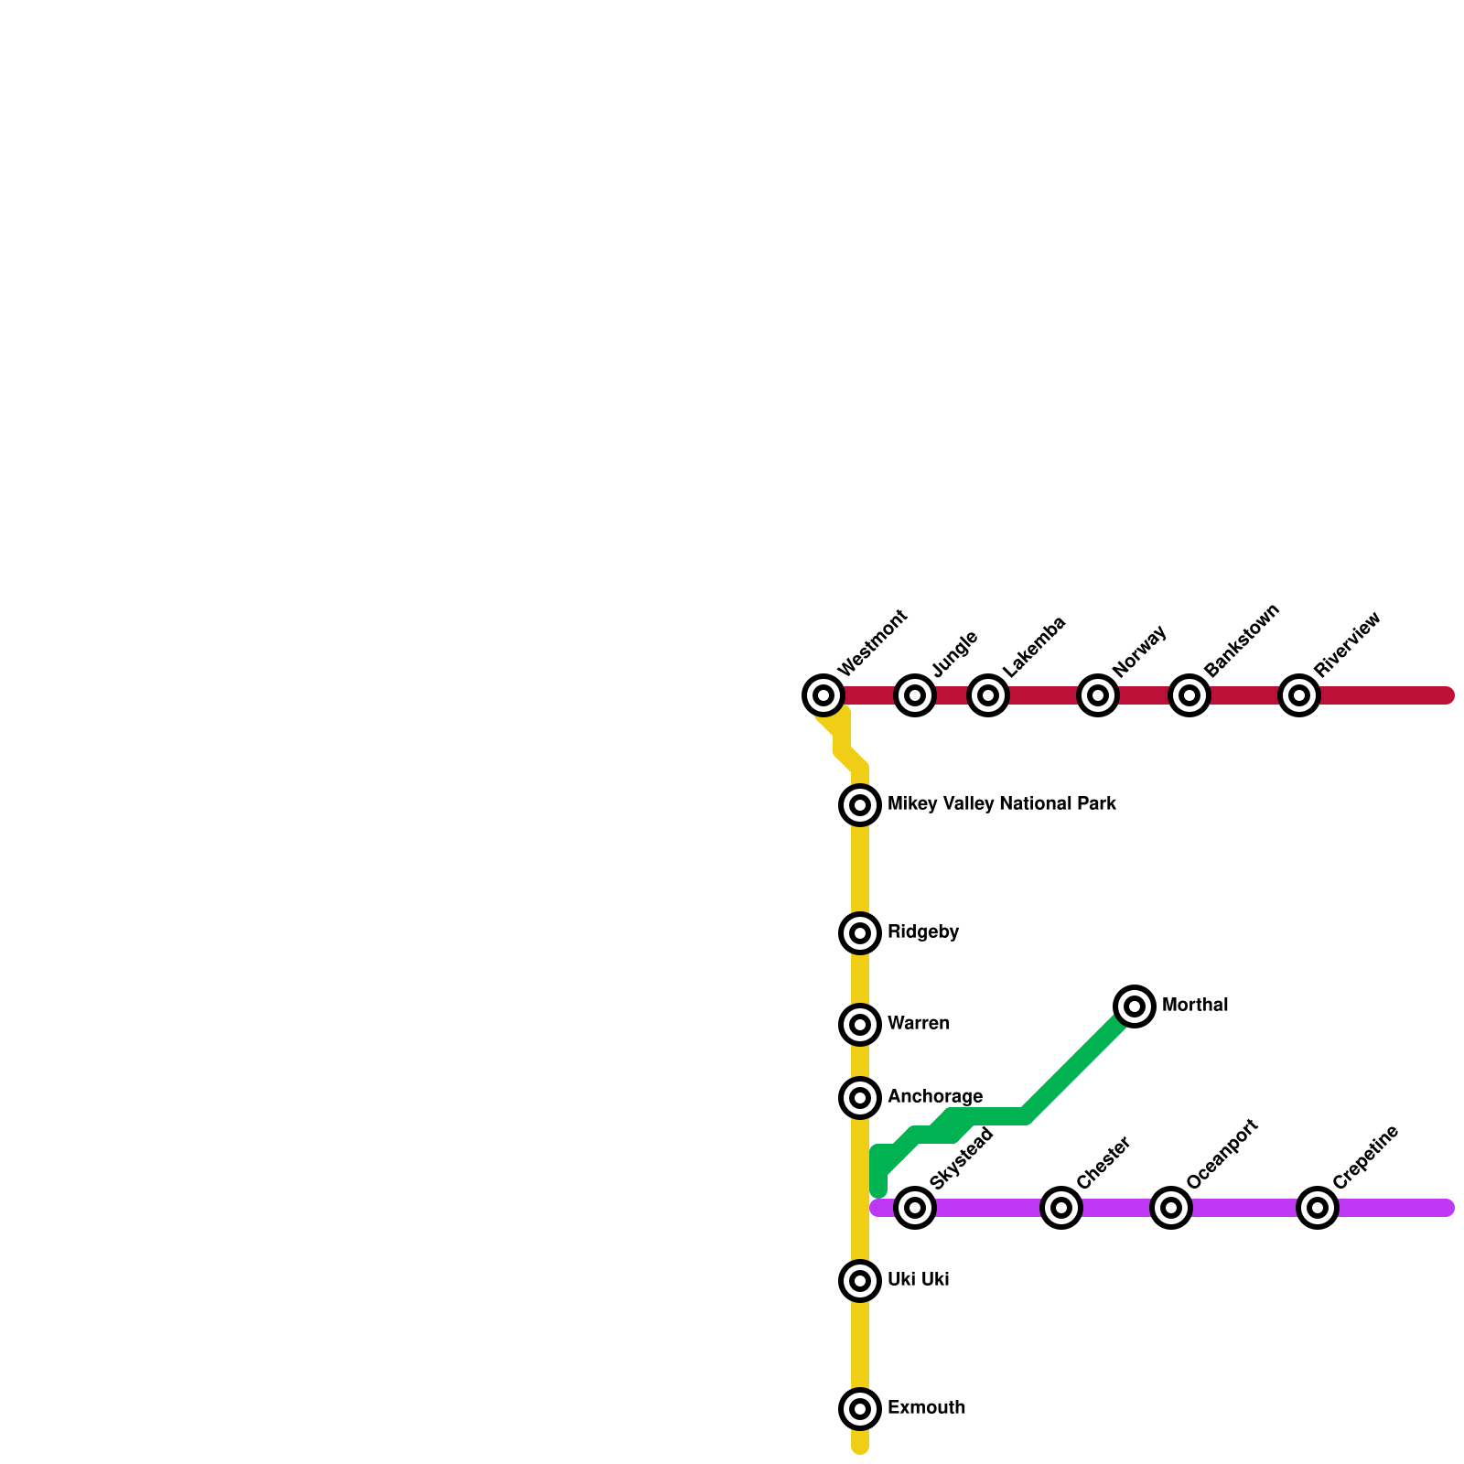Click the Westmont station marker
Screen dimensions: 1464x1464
coord(823,695)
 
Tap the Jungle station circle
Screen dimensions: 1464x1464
coord(915,695)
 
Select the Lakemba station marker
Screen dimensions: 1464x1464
coord(988,695)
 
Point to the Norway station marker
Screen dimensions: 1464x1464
coord(1098,695)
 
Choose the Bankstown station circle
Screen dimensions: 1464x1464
coord(1189,695)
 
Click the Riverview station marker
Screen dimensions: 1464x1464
coord(1299,695)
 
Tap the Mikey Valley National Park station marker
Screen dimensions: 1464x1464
coord(860,805)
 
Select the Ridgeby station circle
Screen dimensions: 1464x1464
coord(860,933)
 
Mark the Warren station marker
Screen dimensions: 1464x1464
coord(860,1025)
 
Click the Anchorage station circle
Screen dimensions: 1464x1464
coord(860,1098)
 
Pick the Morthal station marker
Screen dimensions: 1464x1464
coord(1135,1006)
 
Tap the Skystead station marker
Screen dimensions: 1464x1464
coord(915,1208)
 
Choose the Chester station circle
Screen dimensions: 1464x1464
coord(1061,1208)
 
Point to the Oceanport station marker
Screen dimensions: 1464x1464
coord(1171,1208)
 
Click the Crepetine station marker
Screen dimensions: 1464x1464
coord(1318,1208)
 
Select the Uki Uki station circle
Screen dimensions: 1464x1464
coord(860,1281)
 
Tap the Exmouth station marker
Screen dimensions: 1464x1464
coord(860,1409)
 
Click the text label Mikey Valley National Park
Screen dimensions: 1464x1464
coord(1002,804)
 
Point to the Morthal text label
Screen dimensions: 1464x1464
coord(1195,1006)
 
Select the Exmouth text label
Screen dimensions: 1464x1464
coord(926,1408)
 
